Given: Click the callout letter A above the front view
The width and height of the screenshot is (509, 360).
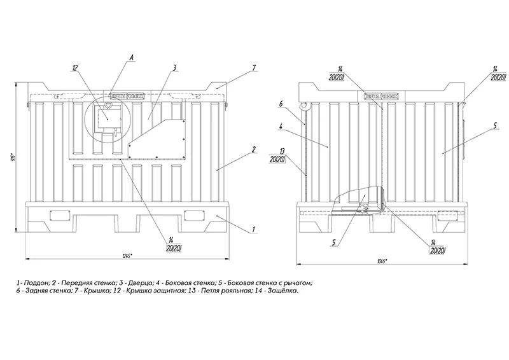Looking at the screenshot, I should point(131,58).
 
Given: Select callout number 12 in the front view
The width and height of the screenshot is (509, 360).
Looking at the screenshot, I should point(75,67).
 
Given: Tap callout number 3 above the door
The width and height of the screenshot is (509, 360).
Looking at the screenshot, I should point(174,67).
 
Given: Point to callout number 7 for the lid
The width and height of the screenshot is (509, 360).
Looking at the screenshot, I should point(254,67).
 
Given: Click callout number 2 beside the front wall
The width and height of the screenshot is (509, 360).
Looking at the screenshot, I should point(254,149).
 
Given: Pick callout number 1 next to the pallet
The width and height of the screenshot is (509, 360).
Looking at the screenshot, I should point(254,227).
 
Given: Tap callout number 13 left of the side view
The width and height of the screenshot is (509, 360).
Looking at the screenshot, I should point(275,151).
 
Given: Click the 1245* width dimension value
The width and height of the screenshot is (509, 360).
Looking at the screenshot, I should point(126,256).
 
